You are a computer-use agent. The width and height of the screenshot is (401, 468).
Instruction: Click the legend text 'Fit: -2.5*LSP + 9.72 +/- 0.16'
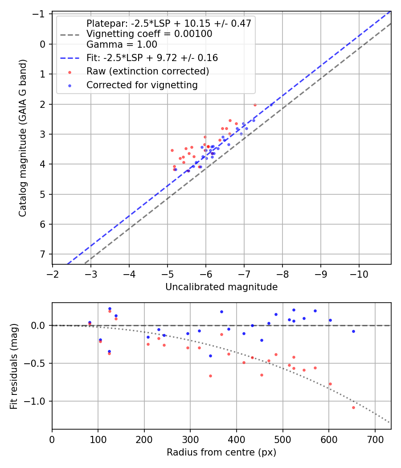click(x=152, y=58)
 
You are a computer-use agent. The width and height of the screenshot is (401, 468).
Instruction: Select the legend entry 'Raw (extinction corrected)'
click(x=147, y=71)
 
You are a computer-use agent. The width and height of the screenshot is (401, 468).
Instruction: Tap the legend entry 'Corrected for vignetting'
click(x=142, y=85)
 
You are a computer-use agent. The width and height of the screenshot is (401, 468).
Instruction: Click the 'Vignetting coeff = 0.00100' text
click(x=149, y=34)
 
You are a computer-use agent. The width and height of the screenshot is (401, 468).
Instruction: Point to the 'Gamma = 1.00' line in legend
click(x=122, y=45)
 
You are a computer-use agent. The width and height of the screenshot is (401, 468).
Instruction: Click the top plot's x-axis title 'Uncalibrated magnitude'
click(x=221, y=287)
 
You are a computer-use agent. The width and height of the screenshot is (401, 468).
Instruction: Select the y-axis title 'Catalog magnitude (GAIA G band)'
click(x=23, y=138)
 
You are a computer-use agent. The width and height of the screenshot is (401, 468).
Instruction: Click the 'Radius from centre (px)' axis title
click(x=221, y=452)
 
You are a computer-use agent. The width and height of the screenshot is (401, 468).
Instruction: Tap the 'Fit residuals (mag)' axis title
click(x=14, y=366)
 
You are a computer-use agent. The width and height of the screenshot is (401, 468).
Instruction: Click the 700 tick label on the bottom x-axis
click(x=375, y=439)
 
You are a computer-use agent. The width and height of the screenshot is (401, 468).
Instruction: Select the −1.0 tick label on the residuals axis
click(x=37, y=401)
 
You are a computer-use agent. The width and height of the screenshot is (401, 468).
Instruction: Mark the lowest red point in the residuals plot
click(x=353, y=407)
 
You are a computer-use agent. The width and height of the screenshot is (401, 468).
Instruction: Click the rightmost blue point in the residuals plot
click(x=353, y=331)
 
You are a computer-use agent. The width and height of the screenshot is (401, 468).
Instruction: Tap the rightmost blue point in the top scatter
click(x=271, y=105)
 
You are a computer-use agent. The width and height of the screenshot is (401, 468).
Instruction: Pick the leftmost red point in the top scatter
click(x=172, y=150)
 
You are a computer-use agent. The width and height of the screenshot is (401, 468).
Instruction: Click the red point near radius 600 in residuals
click(x=330, y=384)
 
